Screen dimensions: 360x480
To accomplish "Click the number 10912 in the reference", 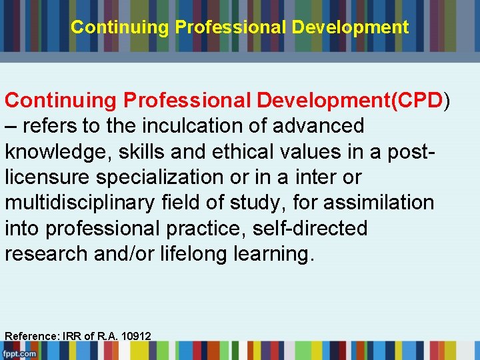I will pos(135,336).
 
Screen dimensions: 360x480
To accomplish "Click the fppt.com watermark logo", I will pos(19,353).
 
